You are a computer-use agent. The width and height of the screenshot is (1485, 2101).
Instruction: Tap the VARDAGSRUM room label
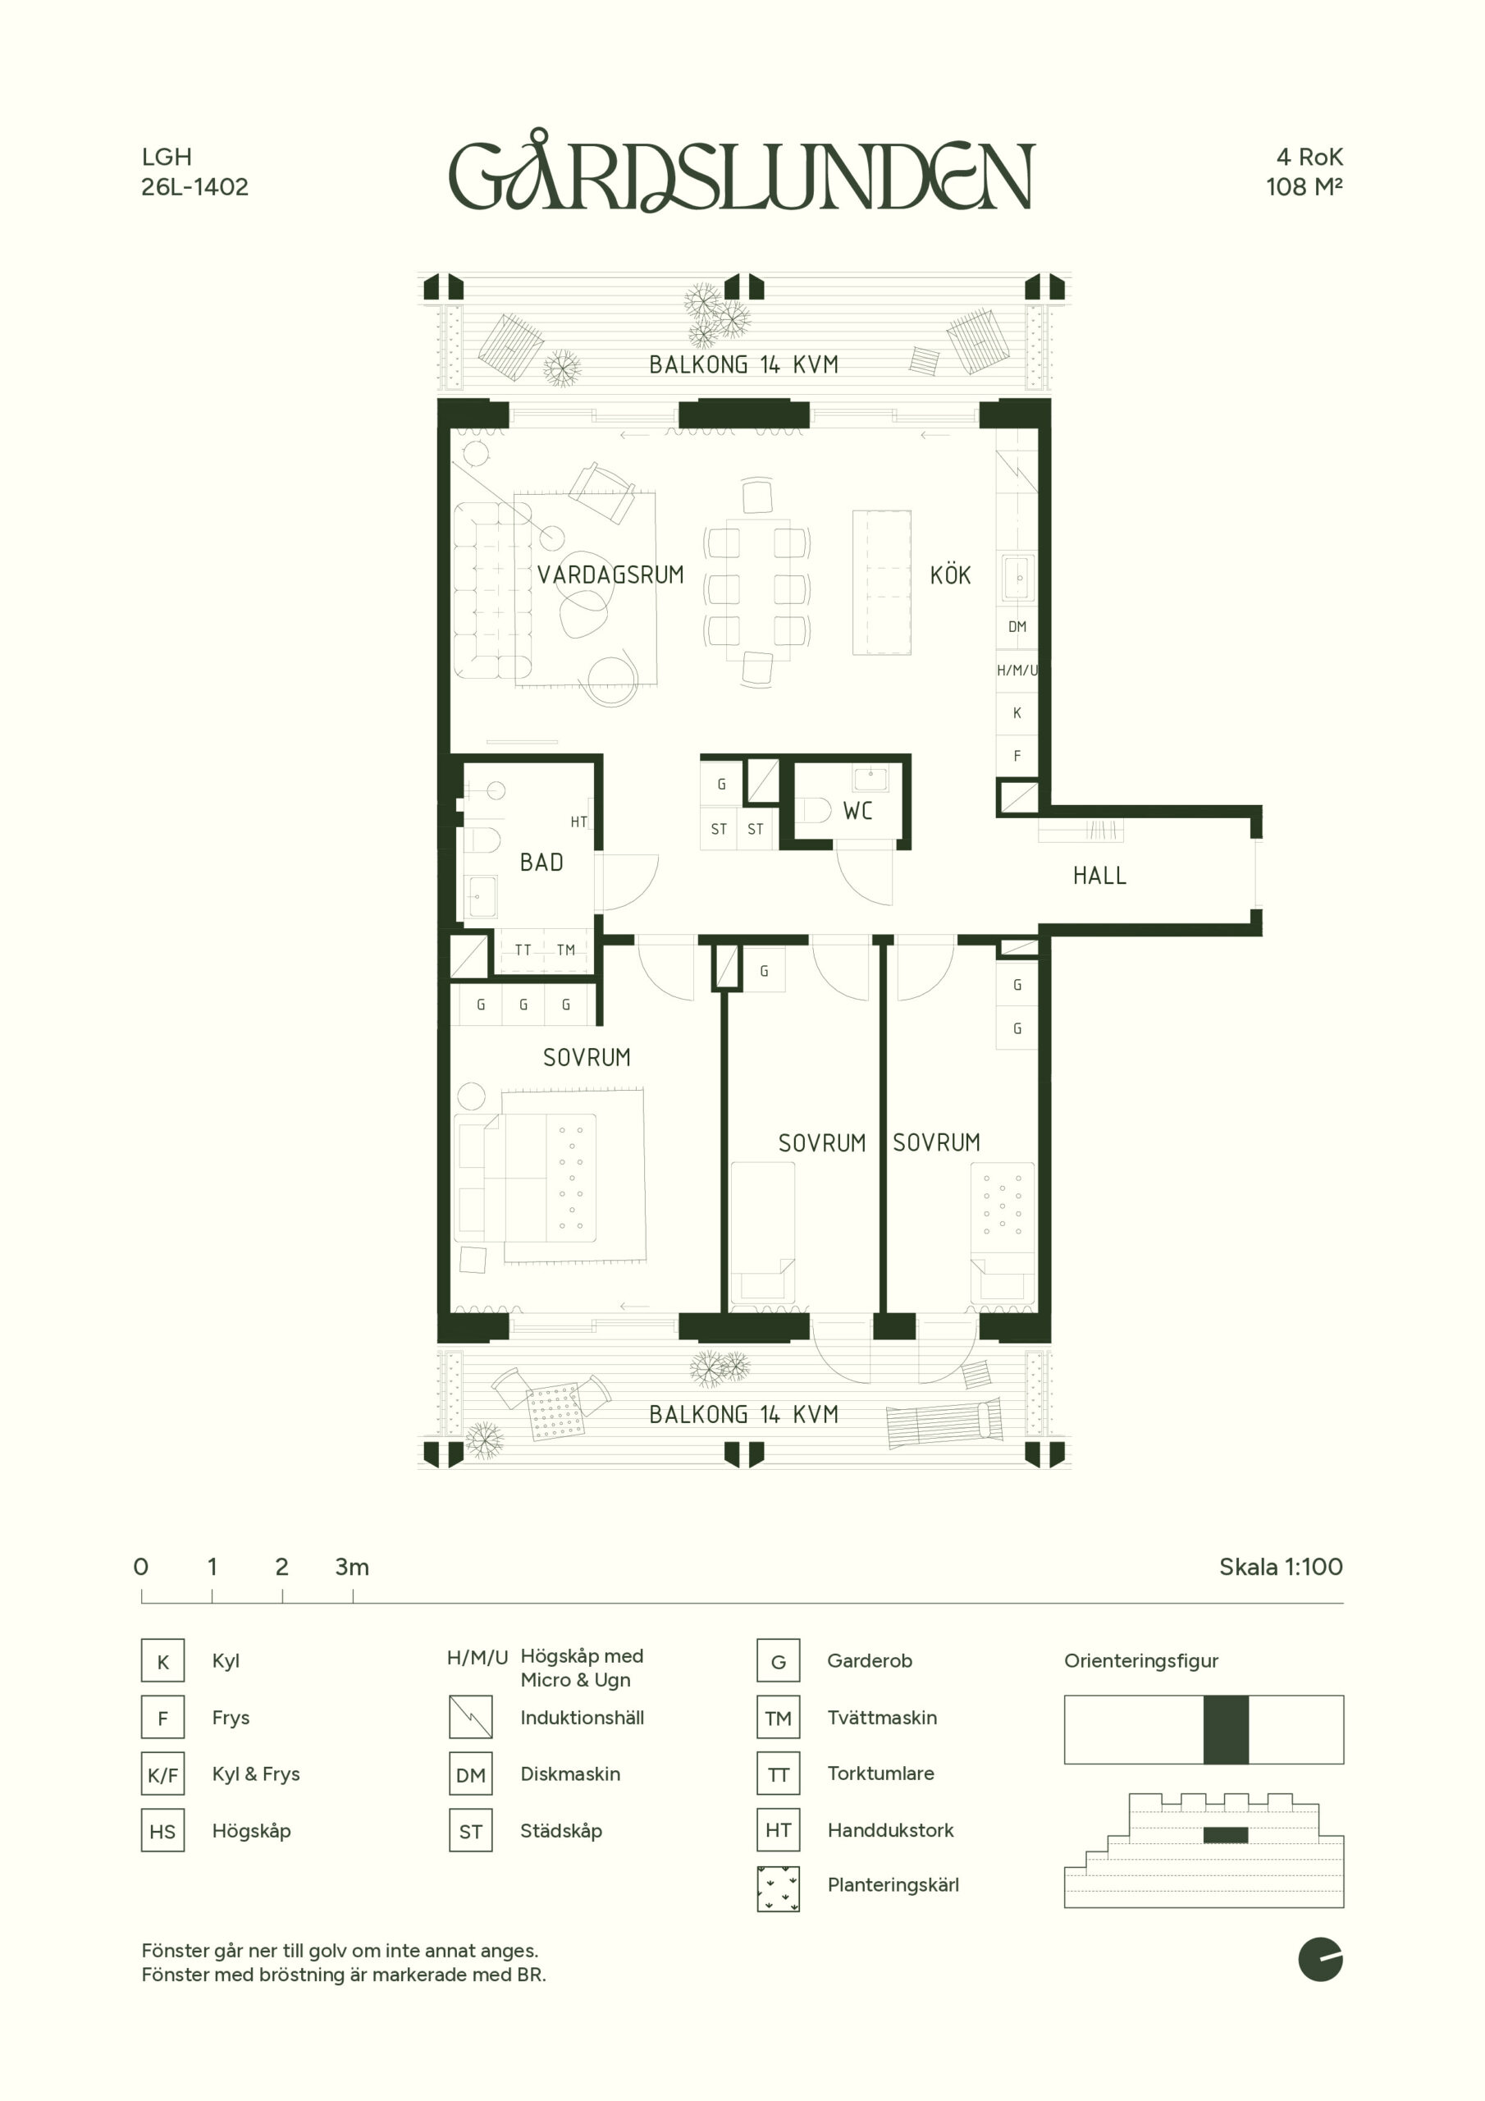click(610, 574)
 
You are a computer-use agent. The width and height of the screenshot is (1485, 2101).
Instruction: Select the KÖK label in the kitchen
click(950, 574)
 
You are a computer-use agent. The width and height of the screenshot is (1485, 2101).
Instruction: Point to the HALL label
click(1099, 876)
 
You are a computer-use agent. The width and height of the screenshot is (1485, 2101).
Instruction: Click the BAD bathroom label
click(541, 862)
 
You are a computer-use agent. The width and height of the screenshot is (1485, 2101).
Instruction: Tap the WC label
click(857, 811)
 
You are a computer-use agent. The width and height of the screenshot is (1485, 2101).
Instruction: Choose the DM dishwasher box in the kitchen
click(1017, 627)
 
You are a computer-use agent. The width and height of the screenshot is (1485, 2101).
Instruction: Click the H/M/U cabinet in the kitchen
click(1017, 670)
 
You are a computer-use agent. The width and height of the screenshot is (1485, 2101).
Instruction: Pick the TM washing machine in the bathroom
click(566, 950)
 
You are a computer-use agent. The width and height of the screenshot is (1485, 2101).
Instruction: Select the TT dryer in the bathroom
click(523, 950)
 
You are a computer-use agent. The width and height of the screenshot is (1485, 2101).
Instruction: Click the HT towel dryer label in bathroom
click(578, 822)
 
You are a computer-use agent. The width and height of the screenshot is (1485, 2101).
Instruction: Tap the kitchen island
click(882, 583)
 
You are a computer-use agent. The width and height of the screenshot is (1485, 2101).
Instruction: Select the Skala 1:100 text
click(1281, 1567)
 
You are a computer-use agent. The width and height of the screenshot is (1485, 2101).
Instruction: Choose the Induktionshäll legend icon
click(470, 1717)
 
